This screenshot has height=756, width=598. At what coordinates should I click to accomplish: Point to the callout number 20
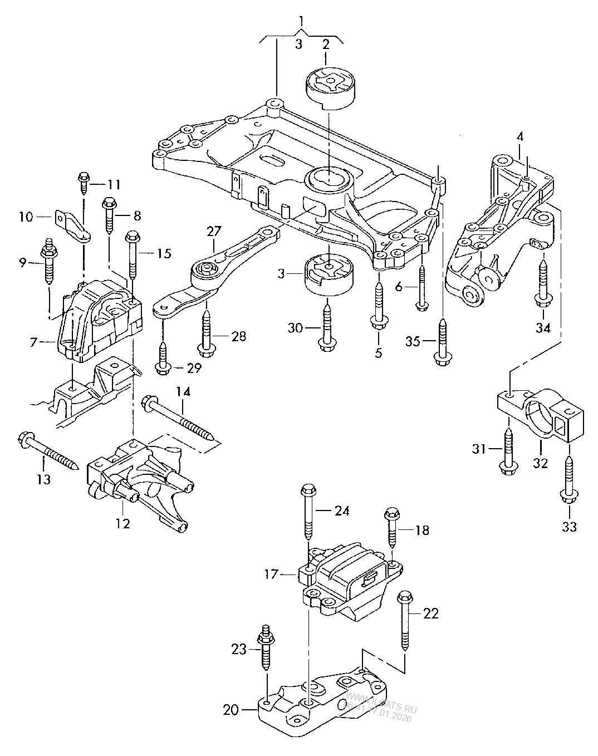(x=231, y=710)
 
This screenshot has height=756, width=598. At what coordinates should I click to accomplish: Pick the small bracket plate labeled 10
(x=72, y=227)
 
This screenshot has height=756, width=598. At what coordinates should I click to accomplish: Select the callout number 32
(x=541, y=463)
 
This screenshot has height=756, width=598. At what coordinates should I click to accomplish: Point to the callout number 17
(x=271, y=574)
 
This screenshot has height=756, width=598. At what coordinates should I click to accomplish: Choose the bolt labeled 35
(x=442, y=342)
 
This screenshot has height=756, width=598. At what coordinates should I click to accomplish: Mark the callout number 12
(x=122, y=523)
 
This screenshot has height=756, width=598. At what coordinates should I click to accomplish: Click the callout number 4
(x=519, y=135)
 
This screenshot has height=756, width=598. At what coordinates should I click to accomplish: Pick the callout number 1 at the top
(x=301, y=22)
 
